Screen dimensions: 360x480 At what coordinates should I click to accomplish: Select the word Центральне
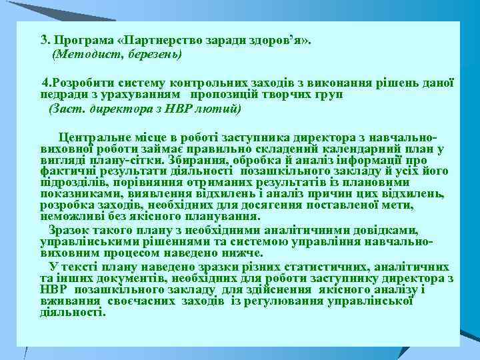click(111, 138)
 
